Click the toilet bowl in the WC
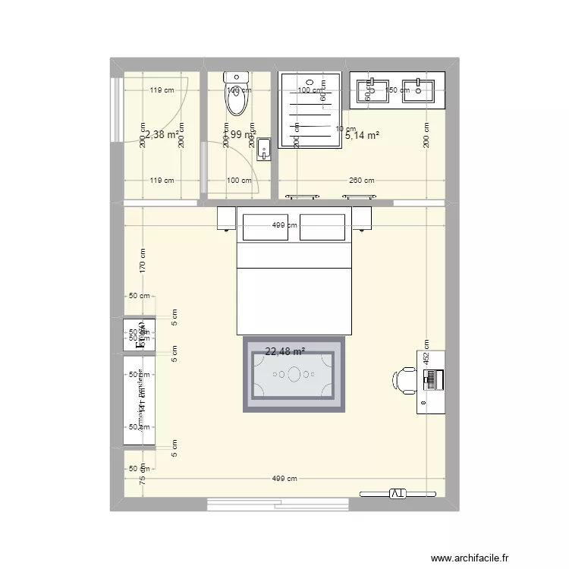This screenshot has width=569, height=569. pos(236,99)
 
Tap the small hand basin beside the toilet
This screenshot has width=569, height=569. pos(263,149)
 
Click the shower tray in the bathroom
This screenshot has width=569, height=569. pos(309,111)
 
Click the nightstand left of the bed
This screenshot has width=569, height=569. pos(227,218)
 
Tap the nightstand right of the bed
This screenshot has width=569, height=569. pos(361,218)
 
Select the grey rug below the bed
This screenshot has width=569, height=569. pos(294,375)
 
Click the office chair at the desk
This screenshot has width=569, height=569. pos(406,380)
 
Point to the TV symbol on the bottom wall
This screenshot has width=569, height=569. pos(398,494)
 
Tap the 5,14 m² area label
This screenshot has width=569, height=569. pos(362,136)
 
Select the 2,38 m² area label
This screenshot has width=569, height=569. pos(162,134)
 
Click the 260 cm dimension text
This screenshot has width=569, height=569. pos(362,181)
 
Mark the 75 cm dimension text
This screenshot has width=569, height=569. pos(140,479)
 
